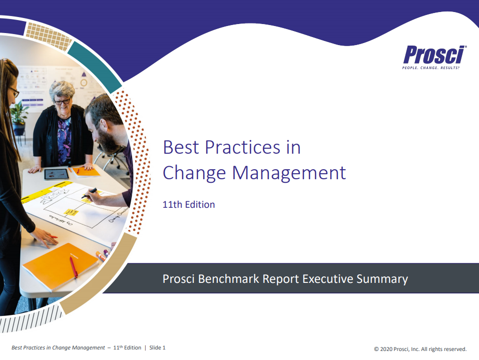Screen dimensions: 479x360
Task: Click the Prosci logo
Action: [434, 57]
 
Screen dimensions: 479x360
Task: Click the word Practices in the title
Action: [243, 147]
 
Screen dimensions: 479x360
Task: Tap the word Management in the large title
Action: [289, 173]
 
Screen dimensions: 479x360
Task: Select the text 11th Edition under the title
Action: [189, 204]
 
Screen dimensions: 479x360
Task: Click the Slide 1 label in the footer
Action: [157, 347]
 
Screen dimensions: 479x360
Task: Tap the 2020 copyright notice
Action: [420, 349]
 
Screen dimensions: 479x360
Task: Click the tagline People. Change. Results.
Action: [431, 68]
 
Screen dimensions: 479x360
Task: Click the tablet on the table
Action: [57, 174]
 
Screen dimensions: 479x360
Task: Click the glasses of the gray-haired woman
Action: [63, 101]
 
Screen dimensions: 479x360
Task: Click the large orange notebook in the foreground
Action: [61, 265]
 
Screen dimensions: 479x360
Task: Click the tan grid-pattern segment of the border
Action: [49, 36]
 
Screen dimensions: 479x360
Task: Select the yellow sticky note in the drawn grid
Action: [71, 212]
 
